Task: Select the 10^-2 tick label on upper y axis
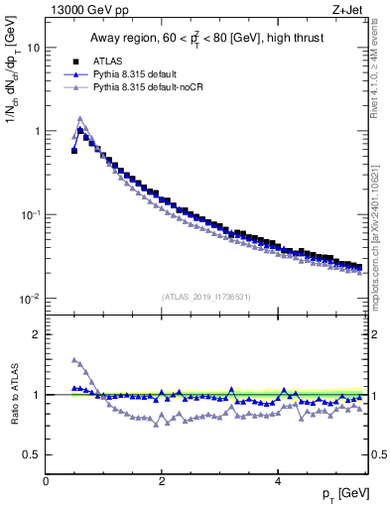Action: click(x=30, y=299)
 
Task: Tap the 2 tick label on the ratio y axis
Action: click(x=36, y=334)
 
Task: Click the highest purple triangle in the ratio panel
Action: click(x=74, y=359)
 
